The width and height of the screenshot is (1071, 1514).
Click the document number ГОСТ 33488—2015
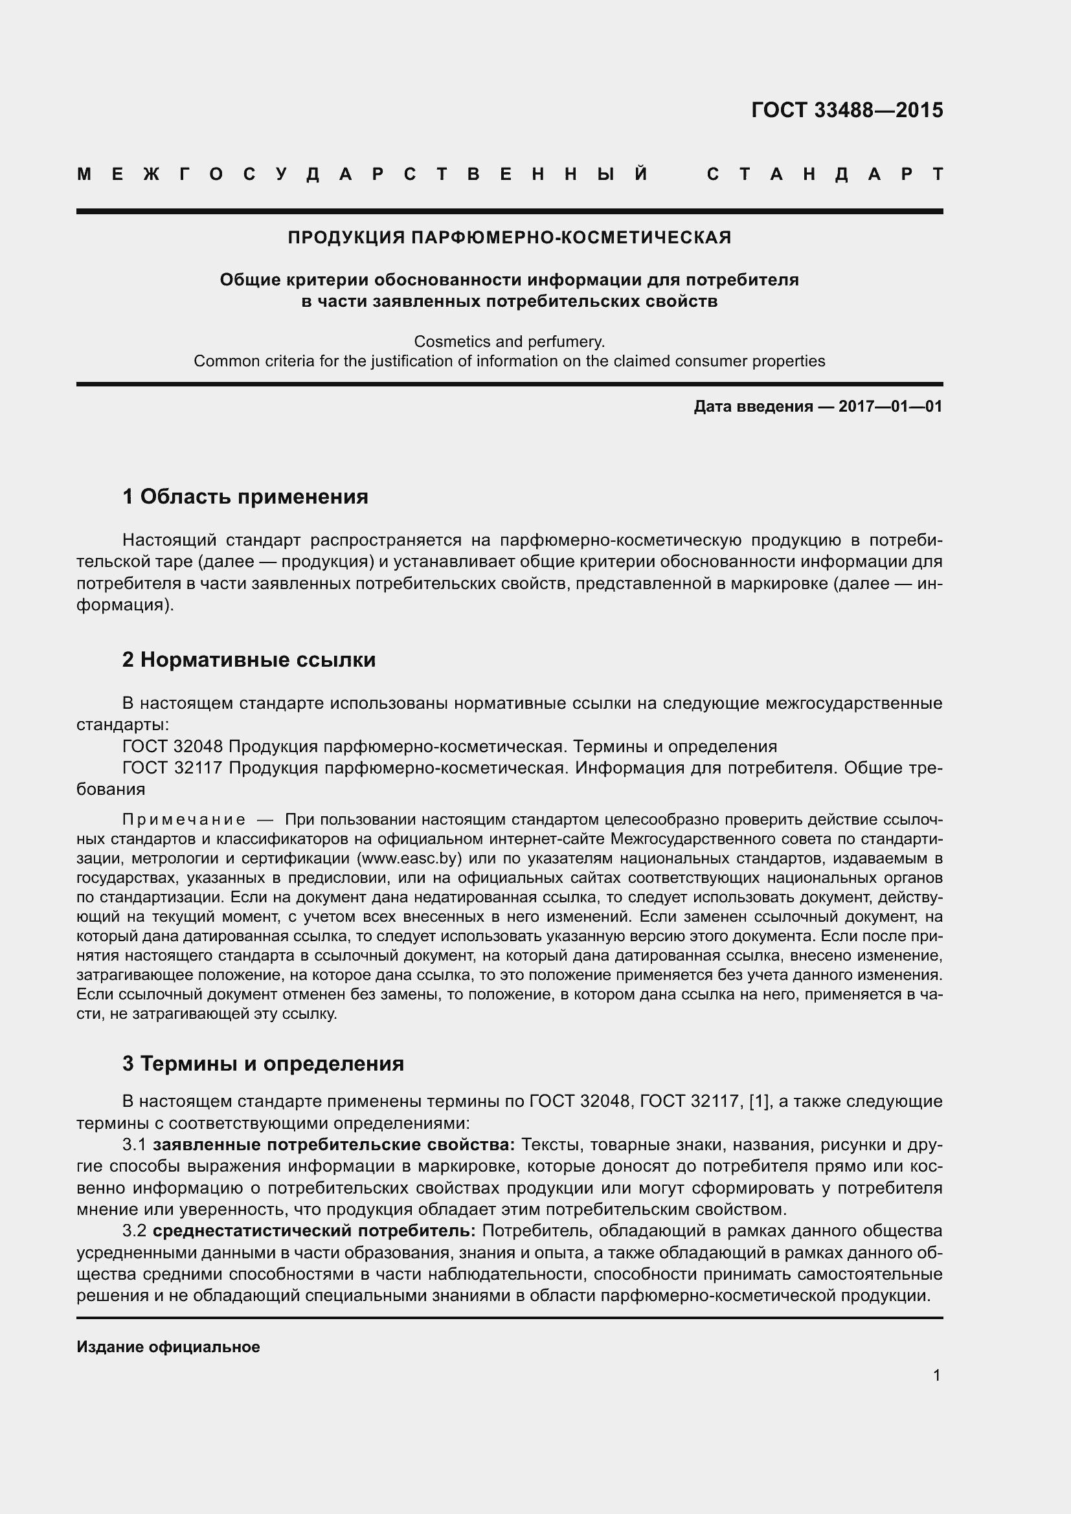tap(847, 109)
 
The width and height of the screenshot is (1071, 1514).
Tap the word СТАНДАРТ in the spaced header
tap(824, 174)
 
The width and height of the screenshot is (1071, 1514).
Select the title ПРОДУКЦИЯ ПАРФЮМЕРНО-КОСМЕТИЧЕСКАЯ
tap(509, 238)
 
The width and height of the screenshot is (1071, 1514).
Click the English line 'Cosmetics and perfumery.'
tap(509, 342)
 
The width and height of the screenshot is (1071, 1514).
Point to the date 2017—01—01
tap(890, 406)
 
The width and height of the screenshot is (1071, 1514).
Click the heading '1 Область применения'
tap(245, 496)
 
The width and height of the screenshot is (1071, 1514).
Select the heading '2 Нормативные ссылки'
tap(249, 660)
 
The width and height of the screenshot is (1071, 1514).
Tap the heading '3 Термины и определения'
tap(263, 1063)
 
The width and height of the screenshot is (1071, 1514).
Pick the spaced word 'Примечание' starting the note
tap(184, 819)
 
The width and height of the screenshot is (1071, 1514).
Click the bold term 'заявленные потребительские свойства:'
tap(333, 1145)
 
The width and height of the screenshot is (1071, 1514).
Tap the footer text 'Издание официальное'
tap(168, 1347)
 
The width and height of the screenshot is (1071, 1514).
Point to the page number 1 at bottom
tap(936, 1375)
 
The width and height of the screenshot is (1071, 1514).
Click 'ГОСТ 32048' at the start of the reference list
tap(173, 746)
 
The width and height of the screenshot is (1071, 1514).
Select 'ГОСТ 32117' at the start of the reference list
tap(173, 768)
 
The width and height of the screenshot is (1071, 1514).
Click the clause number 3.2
tap(135, 1231)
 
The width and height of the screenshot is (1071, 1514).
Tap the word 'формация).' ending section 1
tap(126, 605)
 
